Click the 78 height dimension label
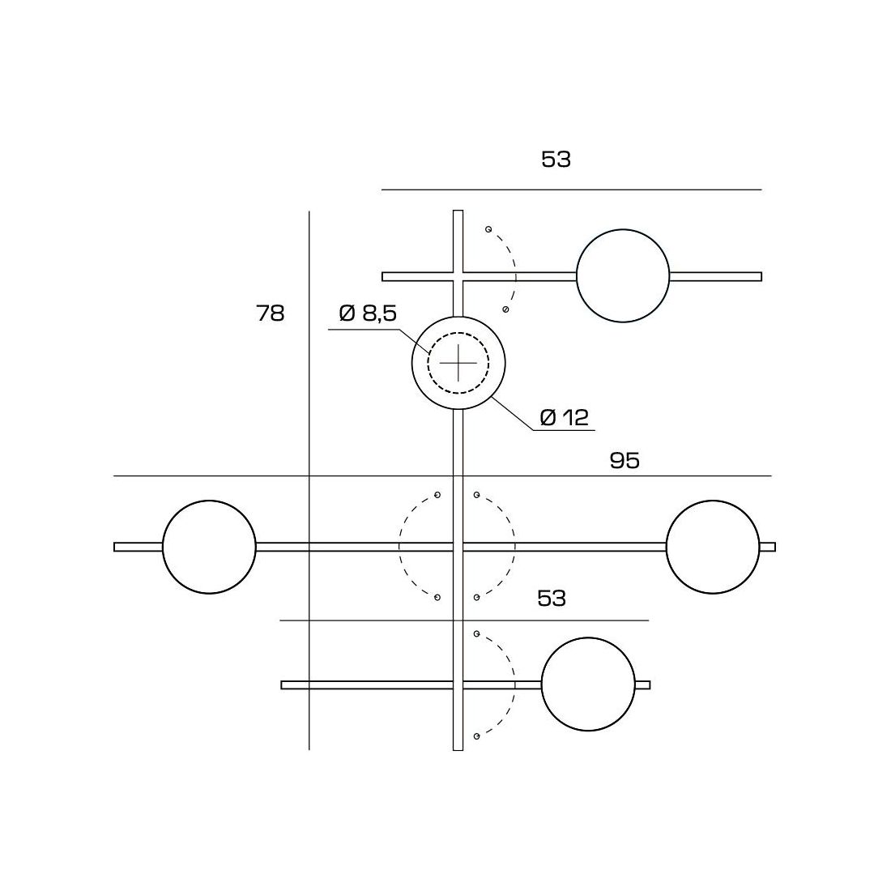pos(271,313)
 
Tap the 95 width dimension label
pos(625,460)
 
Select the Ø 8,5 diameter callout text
pos(368,313)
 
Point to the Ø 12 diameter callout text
pos(565,418)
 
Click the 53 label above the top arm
pos(556,160)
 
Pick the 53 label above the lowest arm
pos(552,599)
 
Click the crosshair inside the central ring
pos(458,362)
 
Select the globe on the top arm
pos(623,276)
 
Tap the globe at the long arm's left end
pos(209,547)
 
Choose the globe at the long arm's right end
pos(713,547)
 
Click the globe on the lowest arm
pos(588,685)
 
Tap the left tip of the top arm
pos(385,276)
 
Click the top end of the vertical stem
pos(458,212)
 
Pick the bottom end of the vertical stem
pos(458,748)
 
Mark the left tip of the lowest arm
pos(283,685)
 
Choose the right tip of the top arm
pos(760,276)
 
